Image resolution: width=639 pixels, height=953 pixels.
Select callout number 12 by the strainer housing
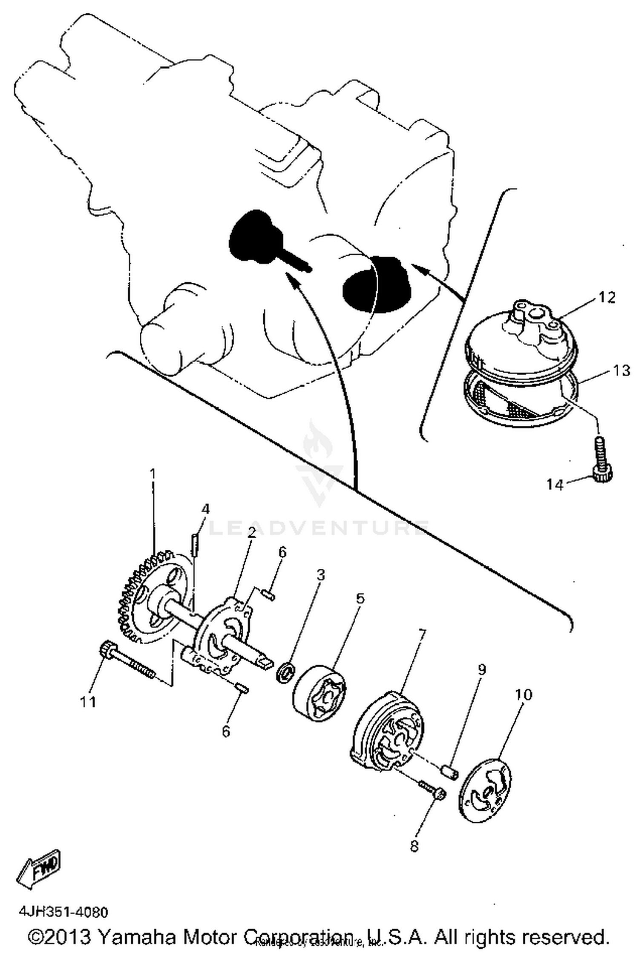pyautogui.click(x=607, y=297)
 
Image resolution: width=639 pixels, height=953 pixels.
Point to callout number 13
pyautogui.click(x=621, y=370)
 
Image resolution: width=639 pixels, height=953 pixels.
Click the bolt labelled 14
pyautogui.click(x=602, y=460)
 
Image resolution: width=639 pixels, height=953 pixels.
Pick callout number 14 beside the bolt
pyautogui.click(x=555, y=484)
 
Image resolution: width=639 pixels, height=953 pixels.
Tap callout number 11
pyautogui.click(x=89, y=702)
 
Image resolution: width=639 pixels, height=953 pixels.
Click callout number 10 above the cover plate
pyautogui.click(x=524, y=694)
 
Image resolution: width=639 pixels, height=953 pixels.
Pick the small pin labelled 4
pyautogui.click(x=195, y=545)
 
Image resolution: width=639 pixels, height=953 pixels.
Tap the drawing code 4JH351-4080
pyautogui.click(x=63, y=911)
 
